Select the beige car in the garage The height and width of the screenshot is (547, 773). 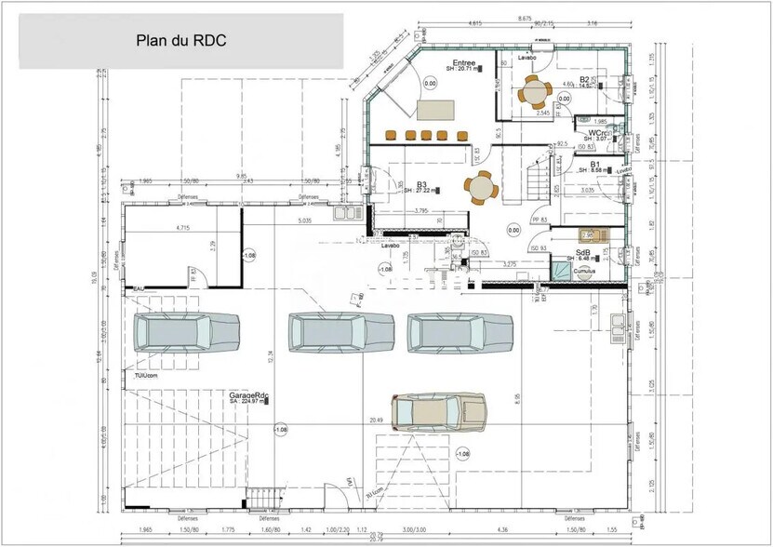pos(438,411)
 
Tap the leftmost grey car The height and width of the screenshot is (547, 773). pos(187,331)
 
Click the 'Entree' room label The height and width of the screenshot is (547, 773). pos(464,62)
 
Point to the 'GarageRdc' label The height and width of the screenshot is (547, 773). pos(249,395)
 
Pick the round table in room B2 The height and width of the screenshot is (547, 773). pos(536,90)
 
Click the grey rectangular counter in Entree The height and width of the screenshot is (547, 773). pos(437,110)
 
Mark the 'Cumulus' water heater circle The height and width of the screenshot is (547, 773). pos(585,272)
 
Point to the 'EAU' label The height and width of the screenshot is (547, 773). pos(138,289)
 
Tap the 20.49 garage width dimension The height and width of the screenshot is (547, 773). pos(377,420)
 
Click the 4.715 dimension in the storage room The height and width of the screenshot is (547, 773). pos(176,226)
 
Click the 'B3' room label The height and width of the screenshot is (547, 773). pos(421,184)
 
